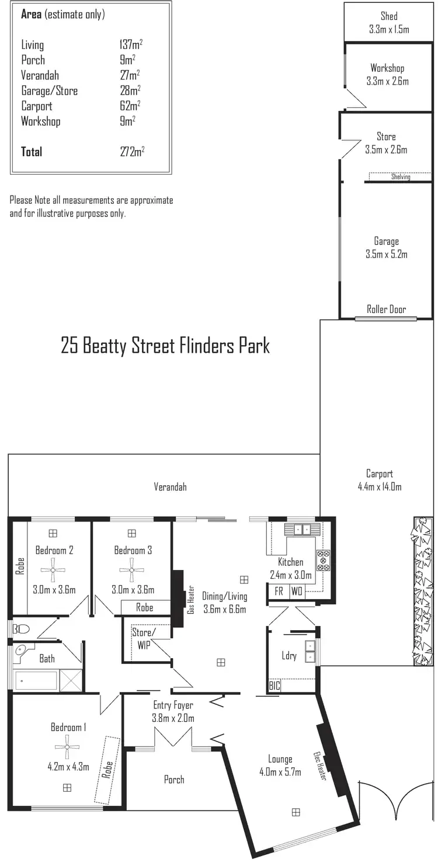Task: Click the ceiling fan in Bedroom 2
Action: [x=53, y=569]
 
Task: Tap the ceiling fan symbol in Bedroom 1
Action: [x=67, y=746]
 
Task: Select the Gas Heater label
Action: [x=190, y=600]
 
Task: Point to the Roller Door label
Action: [x=386, y=309]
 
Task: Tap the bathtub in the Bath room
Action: [x=36, y=681]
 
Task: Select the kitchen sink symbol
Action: [x=303, y=530]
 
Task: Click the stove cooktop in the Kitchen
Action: [x=323, y=560]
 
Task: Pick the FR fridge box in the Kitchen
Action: [x=279, y=592]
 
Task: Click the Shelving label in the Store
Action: [x=401, y=177]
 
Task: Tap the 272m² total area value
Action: [x=131, y=152]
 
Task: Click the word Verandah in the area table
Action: [x=40, y=75]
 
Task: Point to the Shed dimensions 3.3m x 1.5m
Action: [x=389, y=29]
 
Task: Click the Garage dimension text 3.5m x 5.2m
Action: [x=386, y=254]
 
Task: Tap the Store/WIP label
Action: [x=144, y=638]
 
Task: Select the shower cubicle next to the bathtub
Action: [x=70, y=681]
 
